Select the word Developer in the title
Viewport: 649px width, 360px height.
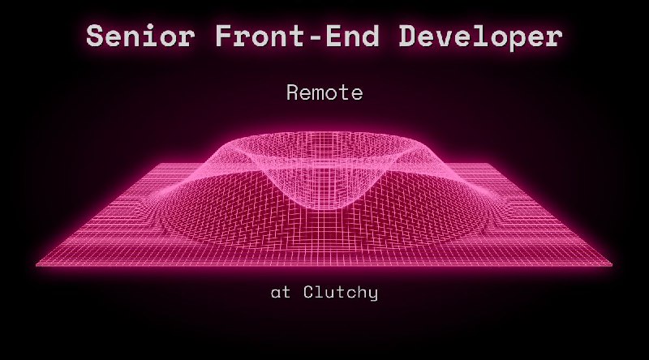[474, 36]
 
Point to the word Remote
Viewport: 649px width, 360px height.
[324, 93]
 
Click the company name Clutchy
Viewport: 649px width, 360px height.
[341, 293]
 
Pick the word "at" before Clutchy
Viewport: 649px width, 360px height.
[280, 293]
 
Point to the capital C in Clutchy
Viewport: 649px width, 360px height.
[309, 293]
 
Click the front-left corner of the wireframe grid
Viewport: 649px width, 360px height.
[37, 264]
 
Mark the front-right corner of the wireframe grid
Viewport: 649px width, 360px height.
[612, 264]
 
